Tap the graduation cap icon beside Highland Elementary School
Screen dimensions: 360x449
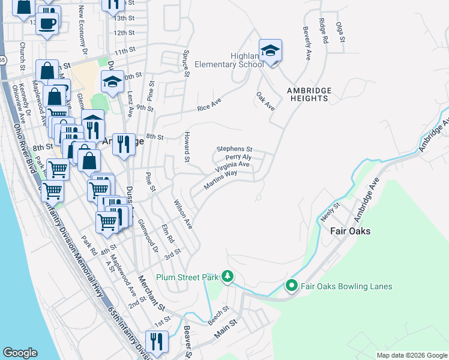coord(270,50)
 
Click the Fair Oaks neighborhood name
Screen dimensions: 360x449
coord(351,231)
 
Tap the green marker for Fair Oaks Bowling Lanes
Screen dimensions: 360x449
coord(292,286)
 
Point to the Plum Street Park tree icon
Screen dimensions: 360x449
coord(227,277)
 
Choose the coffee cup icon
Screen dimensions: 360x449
coord(48,23)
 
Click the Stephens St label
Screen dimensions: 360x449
coord(235,149)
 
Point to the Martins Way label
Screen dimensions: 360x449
coord(220,180)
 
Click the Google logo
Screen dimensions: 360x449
coord(20,353)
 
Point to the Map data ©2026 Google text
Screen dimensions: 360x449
coord(411,355)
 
